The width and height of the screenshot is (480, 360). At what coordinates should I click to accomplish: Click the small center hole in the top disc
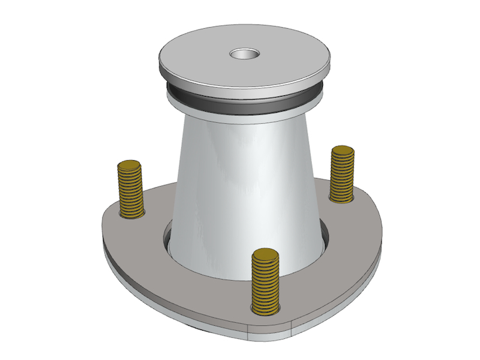point(244,55)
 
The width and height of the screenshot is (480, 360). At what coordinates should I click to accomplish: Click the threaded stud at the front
point(265,282)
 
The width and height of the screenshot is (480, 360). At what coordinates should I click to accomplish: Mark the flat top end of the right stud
point(343,151)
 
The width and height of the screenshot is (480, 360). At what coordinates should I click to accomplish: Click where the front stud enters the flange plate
point(265,309)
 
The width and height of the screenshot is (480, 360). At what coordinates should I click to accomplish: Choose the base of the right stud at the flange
point(341,197)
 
